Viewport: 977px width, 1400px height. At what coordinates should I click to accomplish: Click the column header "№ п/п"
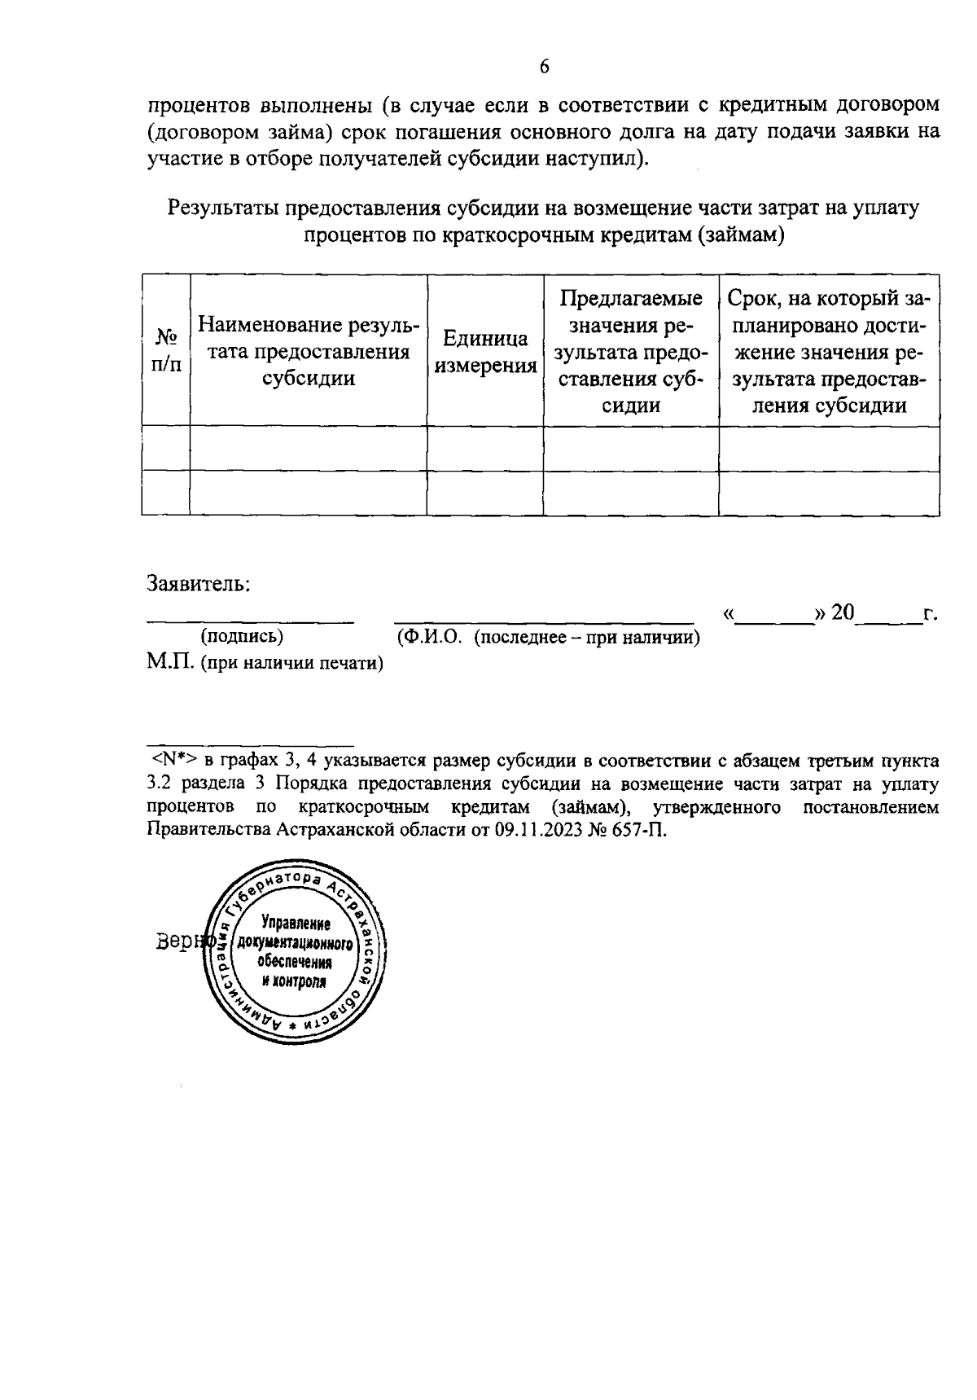point(166,350)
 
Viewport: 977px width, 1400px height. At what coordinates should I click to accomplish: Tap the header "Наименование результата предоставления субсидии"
point(309,351)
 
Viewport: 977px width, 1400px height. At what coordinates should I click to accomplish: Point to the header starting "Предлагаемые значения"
point(631,351)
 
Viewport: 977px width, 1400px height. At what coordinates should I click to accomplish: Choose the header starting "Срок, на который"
point(829,351)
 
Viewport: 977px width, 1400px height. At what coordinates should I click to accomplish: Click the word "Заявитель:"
point(198,583)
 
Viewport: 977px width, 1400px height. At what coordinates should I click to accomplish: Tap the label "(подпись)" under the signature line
point(242,636)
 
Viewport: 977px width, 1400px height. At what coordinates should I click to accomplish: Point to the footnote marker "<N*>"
point(173,761)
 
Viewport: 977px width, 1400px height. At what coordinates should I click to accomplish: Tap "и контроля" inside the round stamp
point(294,981)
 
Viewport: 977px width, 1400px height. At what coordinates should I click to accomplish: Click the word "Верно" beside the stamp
point(181,941)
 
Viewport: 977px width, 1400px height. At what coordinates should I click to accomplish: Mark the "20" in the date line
point(842,612)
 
